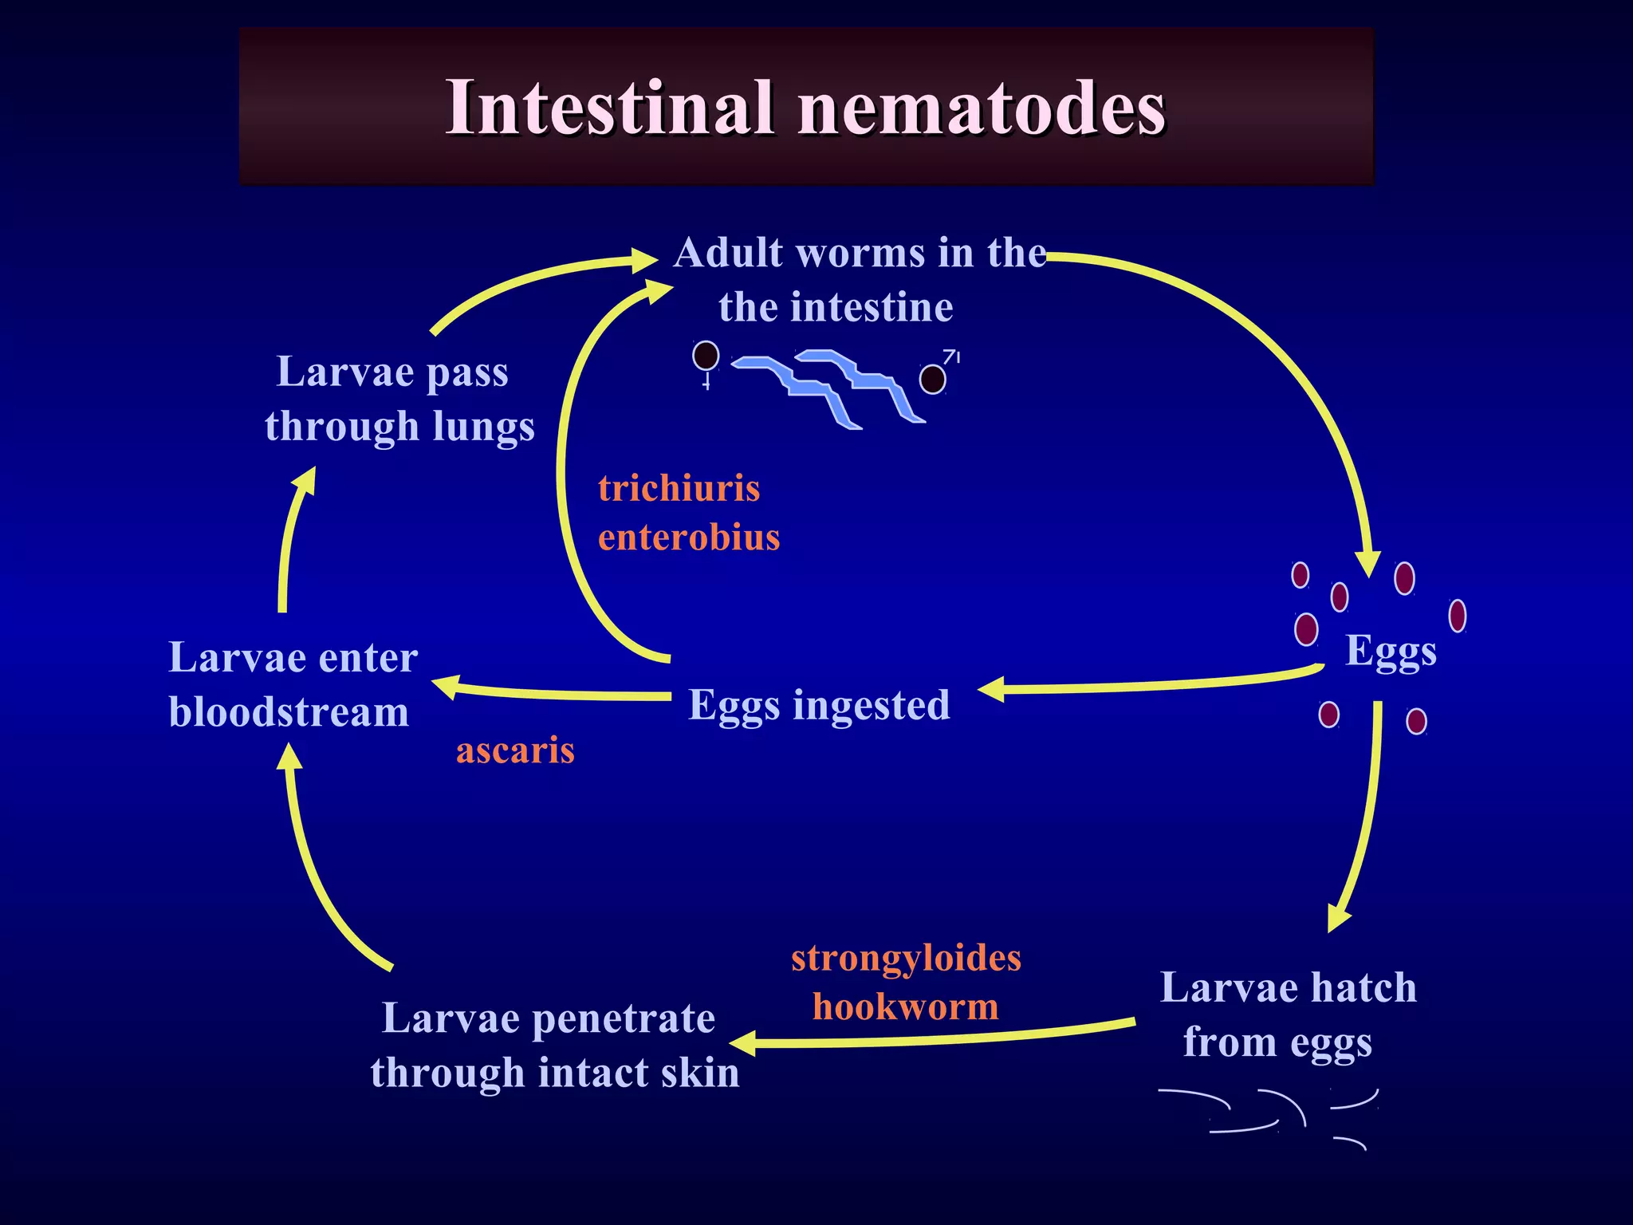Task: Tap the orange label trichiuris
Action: (x=679, y=488)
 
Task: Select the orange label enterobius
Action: (x=689, y=537)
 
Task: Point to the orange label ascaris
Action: (x=515, y=750)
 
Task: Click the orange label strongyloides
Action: (x=906, y=958)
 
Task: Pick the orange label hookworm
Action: (x=906, y=1006)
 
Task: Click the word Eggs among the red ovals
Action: (x=1391, y=652)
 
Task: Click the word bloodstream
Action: (x=289, y=712)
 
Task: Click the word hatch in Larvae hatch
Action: (x=1364, y=988)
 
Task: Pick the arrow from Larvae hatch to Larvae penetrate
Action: (x=933, y=1037)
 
